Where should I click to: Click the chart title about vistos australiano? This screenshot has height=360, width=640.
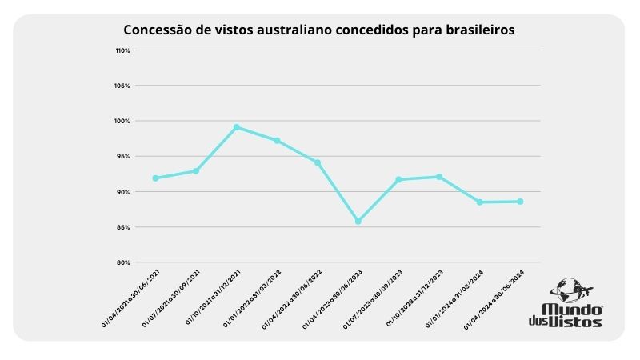318,30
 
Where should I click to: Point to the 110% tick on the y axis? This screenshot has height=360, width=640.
122,50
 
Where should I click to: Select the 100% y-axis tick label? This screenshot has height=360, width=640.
122,121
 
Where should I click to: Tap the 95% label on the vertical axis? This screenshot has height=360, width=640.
122,157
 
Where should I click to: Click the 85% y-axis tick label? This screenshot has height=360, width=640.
122,227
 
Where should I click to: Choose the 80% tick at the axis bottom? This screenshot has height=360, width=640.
122,262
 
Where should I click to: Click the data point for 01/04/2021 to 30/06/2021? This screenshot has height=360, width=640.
155,178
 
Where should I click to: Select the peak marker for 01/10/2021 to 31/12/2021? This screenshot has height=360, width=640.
237,127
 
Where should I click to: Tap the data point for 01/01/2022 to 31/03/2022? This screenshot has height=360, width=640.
277,141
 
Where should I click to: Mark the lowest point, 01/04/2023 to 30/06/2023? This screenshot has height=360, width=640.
358,221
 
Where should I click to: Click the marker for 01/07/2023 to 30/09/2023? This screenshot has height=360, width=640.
398,179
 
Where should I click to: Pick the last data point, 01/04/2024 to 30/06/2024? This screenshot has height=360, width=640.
520,202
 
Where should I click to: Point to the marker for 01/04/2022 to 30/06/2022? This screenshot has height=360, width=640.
318,162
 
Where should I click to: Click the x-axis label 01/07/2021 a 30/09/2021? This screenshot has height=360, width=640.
170,298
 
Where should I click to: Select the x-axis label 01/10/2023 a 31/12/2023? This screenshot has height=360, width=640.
414,298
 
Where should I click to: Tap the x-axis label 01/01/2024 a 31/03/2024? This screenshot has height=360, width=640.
454,298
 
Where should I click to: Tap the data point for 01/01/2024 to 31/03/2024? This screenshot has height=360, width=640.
479,202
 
